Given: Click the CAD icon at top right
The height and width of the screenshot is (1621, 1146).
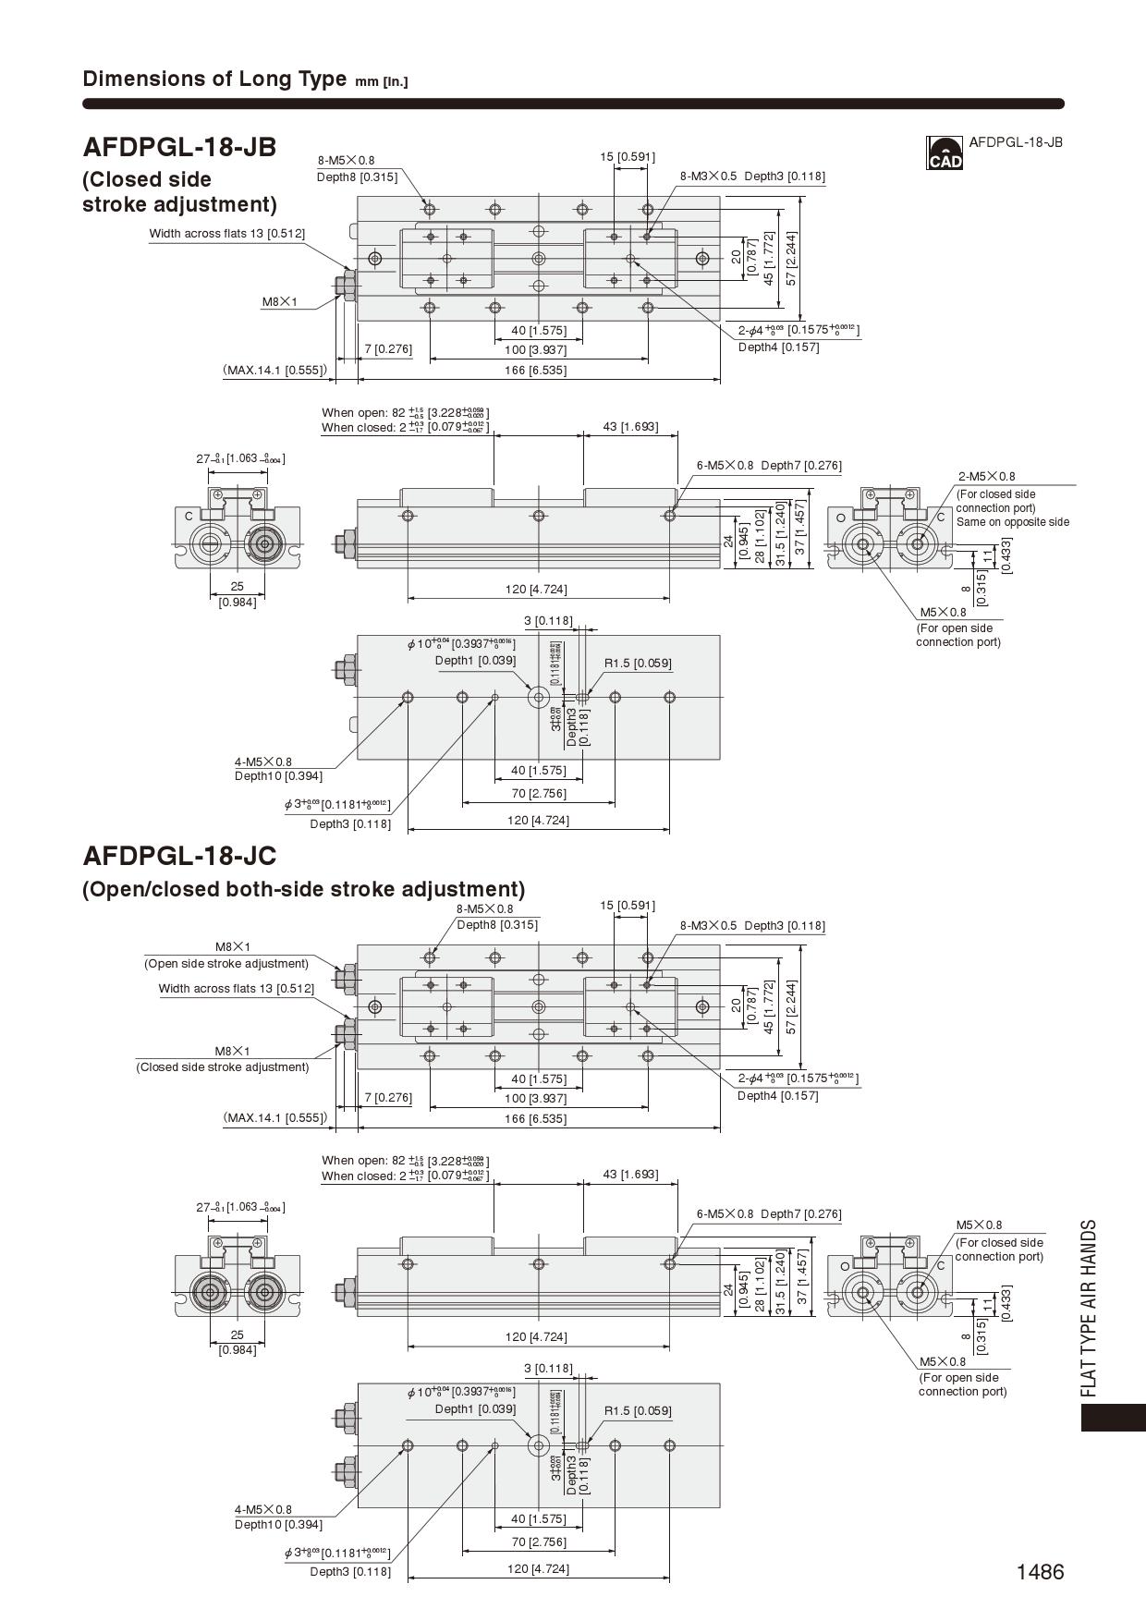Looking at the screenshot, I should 944,153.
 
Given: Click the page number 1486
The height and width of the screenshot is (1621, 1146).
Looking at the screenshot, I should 1040,1572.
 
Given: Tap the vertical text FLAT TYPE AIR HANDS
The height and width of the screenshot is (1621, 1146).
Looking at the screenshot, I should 1089,1308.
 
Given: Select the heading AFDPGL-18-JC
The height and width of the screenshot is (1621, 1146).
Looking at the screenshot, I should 179,856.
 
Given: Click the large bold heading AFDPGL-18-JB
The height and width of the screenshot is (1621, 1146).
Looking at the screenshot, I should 179,147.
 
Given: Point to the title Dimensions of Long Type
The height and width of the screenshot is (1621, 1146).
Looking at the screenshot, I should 214,79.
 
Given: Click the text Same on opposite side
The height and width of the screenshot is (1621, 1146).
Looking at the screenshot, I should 1012,522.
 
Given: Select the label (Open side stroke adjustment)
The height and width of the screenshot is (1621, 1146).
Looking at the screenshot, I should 226,963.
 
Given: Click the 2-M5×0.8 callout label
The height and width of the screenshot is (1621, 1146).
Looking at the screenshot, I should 986,477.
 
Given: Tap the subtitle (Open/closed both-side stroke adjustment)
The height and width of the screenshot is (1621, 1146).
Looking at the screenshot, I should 303,889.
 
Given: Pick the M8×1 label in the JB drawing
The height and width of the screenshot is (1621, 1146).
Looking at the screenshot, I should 280,302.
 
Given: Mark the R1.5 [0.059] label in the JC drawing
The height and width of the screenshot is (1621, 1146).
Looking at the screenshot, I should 638,1410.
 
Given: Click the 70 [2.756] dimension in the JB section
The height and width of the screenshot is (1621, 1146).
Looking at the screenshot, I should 538,793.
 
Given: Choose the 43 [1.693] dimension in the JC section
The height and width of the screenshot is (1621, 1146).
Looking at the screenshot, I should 630,1174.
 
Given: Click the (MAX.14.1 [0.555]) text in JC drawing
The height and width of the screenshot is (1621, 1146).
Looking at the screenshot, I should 275,1117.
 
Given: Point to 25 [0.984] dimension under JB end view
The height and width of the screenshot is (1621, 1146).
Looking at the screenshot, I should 238,594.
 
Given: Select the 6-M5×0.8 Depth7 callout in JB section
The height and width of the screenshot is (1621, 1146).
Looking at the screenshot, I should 769,466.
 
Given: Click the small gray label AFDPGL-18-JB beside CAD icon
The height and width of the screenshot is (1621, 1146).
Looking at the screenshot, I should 1015,142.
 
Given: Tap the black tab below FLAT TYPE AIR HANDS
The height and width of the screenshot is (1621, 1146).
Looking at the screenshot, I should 1113,1418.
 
